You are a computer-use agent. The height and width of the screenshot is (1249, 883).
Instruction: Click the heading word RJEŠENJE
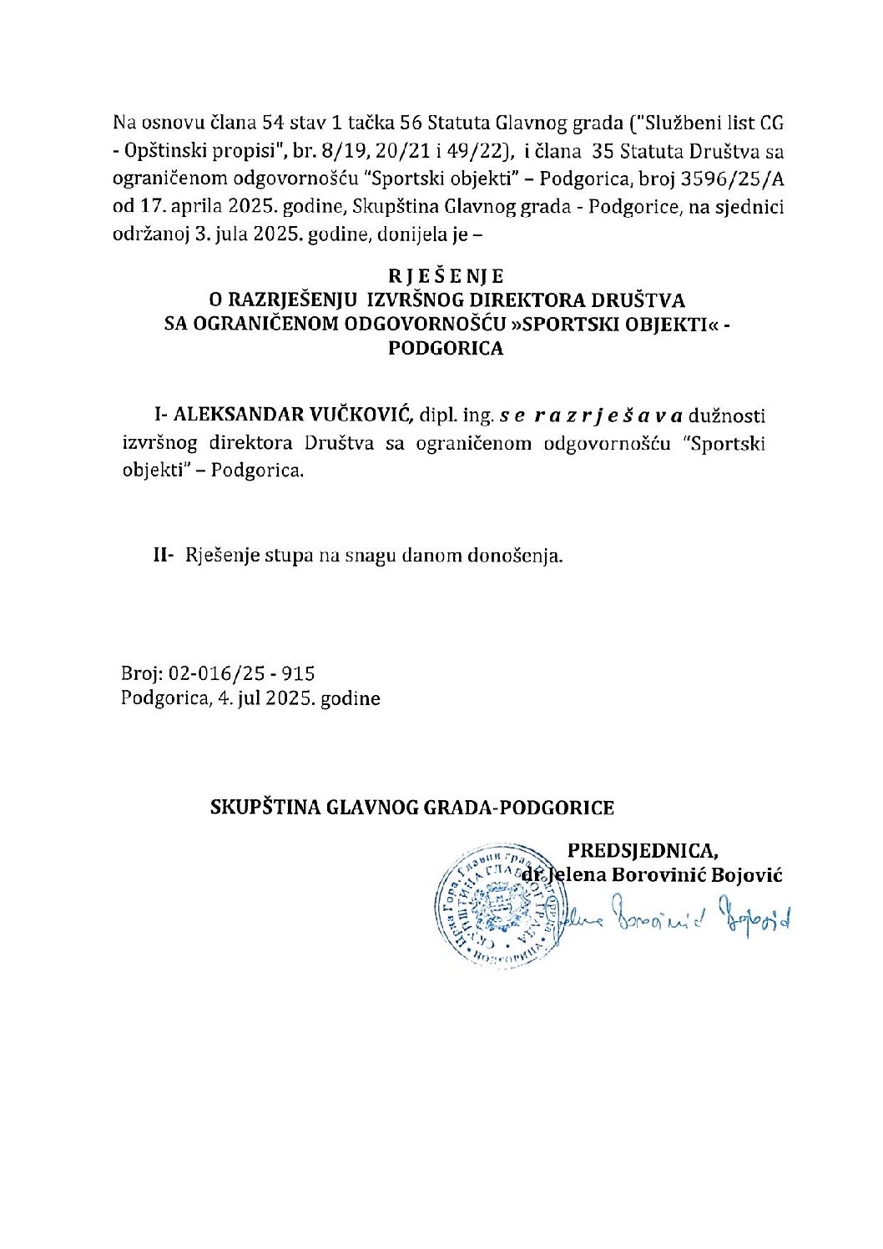tap(446, 276)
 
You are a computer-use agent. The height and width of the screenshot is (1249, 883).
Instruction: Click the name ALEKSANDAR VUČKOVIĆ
tap(293, 415)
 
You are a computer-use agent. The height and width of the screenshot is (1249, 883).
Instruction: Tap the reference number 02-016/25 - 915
tap(241, 673)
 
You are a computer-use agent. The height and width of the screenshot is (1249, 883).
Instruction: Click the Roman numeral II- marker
tap(163, 555)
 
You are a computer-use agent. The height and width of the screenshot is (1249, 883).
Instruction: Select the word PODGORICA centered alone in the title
tap(446, 349)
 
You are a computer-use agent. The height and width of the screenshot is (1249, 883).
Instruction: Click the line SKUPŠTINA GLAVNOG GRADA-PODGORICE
tap(412, 808)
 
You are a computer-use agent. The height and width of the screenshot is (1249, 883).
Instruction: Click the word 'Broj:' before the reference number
tap(143, 673)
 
